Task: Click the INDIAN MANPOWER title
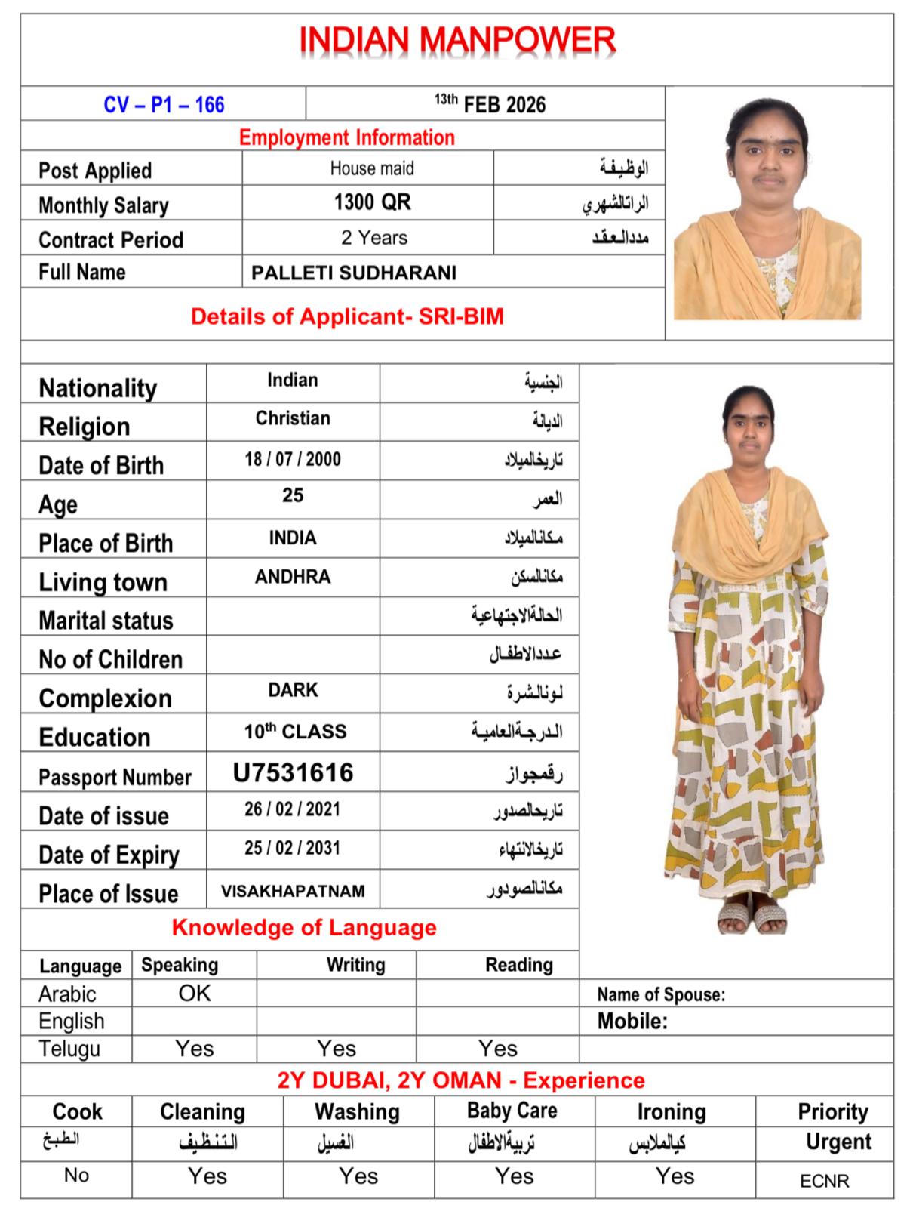click(457, 41)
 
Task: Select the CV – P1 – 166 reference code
click(164, 104)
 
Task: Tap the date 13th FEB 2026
click(490, 103)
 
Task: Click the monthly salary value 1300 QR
click(372, 202)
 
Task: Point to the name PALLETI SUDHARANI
click(353, 273)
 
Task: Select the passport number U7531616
click(293, 772)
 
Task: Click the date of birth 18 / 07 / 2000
click(293, 459)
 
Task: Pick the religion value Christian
click(293, 418)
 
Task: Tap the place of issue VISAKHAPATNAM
click(293, 891)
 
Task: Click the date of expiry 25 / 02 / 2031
click(293, 848)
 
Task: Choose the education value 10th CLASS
click(295, 732)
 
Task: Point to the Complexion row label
click(105, 698)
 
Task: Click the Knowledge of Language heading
click(304, 927)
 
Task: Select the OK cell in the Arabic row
click(195, 993)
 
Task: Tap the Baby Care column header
click(512, 1111)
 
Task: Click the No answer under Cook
click(76, 1175)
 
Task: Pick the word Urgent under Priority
click(838, 1142)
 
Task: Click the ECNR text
click(825, 1181)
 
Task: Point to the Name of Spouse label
click(661, 994)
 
